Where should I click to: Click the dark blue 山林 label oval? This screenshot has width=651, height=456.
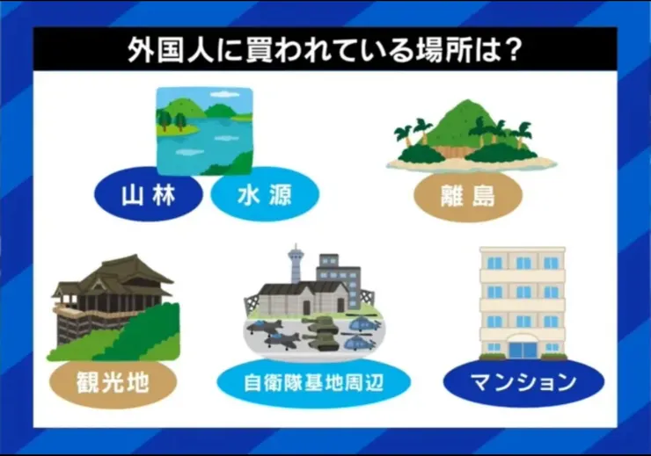coord(148,194)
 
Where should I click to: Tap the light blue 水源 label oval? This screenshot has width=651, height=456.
coord(265,194)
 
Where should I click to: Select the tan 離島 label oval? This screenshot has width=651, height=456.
coord(468,196)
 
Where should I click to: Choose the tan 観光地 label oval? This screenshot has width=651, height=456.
coord(113,382)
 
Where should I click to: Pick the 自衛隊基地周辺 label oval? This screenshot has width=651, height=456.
coord(313,383)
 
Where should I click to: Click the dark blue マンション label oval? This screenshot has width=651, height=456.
coord(524,382)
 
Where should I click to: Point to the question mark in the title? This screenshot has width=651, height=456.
coord(509,49)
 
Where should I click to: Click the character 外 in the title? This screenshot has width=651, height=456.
coord(142,50)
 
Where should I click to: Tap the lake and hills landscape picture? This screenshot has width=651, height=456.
coord(204,131)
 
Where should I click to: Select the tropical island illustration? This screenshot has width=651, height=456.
coord(472,136)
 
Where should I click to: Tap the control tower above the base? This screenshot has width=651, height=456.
coord(296,262)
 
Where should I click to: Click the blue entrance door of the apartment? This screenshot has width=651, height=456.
coord(523,350)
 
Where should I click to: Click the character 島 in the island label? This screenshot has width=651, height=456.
coord(484,196)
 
